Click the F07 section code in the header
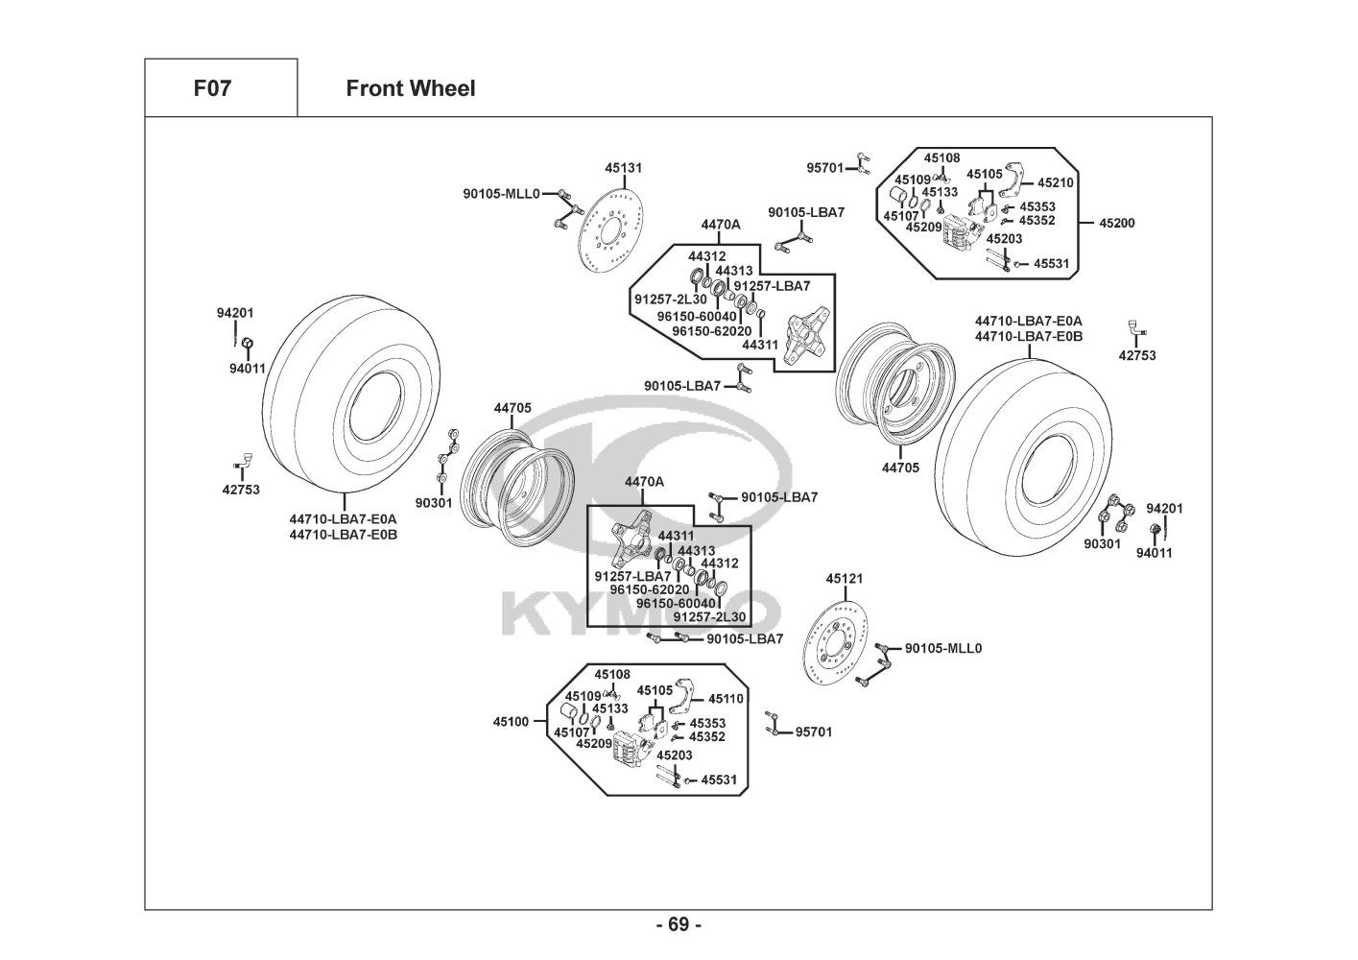[x=212, y=89]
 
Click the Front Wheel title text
[x=410, y=89]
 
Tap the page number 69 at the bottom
[x=679, y=924]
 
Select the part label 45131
[x=623, y=168]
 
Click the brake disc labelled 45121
[x=836, y=644]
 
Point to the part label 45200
[x=1116, y=223]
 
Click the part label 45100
[x=512, y=721]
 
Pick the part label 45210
[x=1056, y=182]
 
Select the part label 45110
[x=727, y=699]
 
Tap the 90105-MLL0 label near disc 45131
[x=501, y=193]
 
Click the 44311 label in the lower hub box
[x=676, y=536]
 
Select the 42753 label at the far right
[x=1137, y=355]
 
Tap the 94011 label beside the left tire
[x=247, y=368]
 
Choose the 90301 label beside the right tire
[x=1103, y=543]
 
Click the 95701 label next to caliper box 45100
[x=814, y=732]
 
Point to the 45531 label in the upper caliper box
[x=1050, y=263]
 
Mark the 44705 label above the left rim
[x=512, y=408]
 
